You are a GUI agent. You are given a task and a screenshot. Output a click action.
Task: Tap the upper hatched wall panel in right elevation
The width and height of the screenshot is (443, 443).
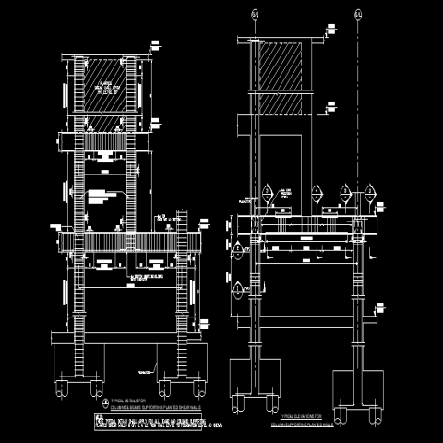(x=282, y=65)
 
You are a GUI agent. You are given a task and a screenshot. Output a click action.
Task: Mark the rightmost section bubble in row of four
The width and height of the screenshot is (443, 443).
(x=375, y=193)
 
